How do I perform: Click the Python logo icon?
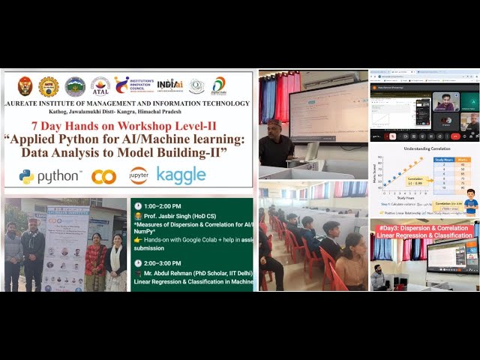pyautogui.click(x=27, y=176)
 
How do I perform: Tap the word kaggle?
pyautogui.click(x=181, y=175)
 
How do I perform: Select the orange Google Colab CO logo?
pyautogui.click(x=103, y=177)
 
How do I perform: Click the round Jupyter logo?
pyautogui.click(x=138, y=175)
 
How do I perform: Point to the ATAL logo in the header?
pyautogui.click(x=100, y=85)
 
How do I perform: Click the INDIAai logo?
pyautogui.click(x=170, y=84)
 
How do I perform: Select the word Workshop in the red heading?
pyautogui.click(x=155, y=126)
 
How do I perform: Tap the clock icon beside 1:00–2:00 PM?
pyautogui.click(x=138, y=205)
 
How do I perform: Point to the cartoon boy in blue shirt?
pyautogui.click(x=471, y=201)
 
